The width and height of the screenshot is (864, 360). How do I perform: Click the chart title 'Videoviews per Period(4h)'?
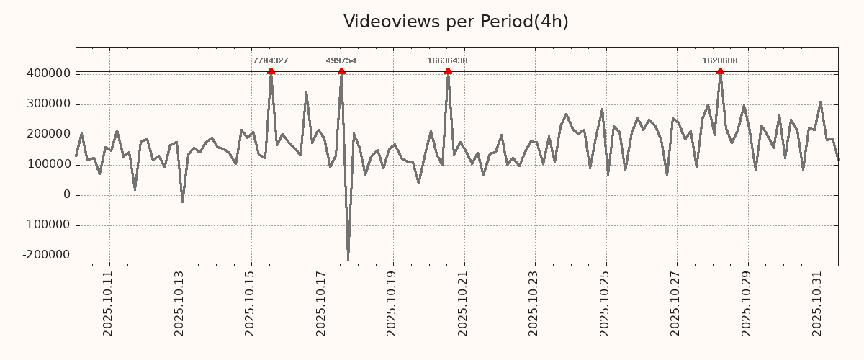point(456,22)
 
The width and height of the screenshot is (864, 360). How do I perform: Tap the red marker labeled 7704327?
point(271,71)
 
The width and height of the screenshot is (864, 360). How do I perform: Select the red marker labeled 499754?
point(341,71)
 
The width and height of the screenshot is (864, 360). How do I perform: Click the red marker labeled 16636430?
point(448,71)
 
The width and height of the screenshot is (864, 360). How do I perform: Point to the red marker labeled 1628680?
point(720,71)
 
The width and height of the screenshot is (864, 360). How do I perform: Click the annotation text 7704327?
point(271,61)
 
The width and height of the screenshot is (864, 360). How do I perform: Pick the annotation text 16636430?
point(447,61)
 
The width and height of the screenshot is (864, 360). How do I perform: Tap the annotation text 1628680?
point(720,61)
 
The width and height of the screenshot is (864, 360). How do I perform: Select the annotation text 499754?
point(341,61)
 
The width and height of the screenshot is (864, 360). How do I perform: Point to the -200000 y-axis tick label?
point(46,256)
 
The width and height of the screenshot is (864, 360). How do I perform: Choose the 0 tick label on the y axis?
point(67,195)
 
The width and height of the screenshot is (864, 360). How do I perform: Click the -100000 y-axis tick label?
point(46,225)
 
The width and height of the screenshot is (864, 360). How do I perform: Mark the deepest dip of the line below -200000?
point(348,259)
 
